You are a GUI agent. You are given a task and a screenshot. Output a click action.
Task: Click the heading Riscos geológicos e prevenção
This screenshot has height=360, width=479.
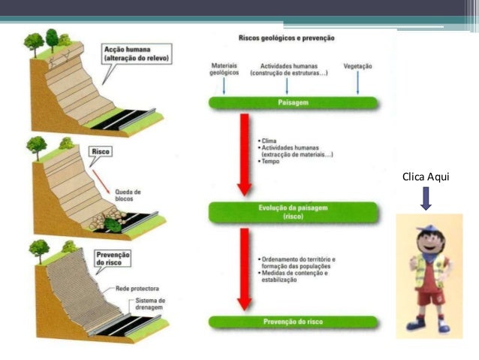click(x=286, y=38)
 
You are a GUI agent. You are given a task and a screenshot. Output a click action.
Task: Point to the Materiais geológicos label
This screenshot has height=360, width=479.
click(x=224, y=70)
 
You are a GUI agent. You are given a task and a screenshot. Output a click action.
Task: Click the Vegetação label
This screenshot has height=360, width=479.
click(x=357, y=66)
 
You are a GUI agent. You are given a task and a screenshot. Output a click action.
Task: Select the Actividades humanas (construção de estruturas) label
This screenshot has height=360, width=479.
click(x=288, y=70)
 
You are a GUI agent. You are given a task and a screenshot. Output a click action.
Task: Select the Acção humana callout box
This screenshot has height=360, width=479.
click(x=137, y=54)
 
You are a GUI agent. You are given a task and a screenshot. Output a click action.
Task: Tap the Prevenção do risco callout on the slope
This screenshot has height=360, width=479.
click(x=112, y=259)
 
